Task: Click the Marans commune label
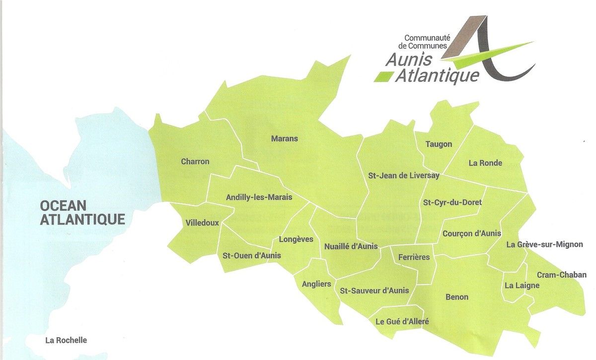(x=284, y=139)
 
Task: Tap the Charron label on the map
(x=195, y=161)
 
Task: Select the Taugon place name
(x=439, y=144)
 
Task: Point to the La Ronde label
(x=485, y=163)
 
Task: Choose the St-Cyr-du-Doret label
(x=452, y=203)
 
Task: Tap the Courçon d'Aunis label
(x=471, y=233)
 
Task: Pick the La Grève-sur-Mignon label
(x=545, y=244)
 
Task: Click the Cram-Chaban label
(x=562, y=275)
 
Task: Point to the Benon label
(x=457, y=297)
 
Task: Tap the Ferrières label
(x=414, y=257)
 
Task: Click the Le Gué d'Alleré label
(x=402, y=321)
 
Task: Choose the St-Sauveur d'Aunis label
(x=374, y=290)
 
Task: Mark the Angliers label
(x=316, y=284)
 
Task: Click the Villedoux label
(x=202, y=223)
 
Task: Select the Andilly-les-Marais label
(x=259, y=197)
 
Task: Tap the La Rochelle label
(x=66, y=340)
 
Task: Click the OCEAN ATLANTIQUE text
(x=82, y=212)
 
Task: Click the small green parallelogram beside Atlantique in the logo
(x=383, y=76)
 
